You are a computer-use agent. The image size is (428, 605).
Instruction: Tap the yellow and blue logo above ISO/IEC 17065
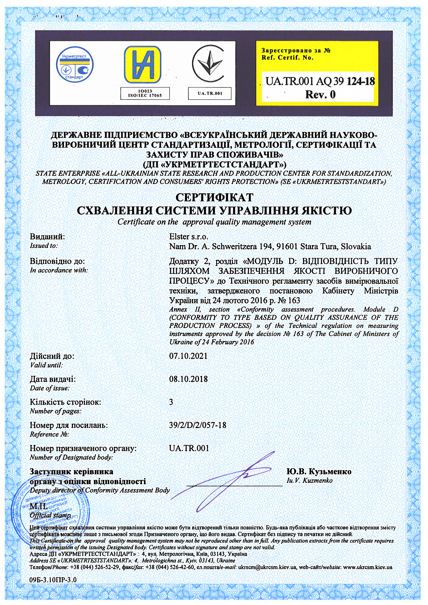[x=143, y=65]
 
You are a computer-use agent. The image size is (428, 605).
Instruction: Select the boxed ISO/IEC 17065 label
[x=145, y=94]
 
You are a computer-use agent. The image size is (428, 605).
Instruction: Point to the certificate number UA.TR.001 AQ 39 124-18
[x=320, y=81]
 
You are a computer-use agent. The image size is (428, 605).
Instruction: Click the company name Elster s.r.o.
[x=189, y=237]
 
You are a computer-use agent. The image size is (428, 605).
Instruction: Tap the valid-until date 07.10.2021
[x=188, y=356]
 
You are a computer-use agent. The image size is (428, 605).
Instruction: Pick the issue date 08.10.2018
[x=188, y=379]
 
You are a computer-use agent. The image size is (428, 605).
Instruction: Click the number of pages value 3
[x=171, y=402]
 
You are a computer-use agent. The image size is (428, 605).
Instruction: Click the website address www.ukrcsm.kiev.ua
[x=368, y=567]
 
